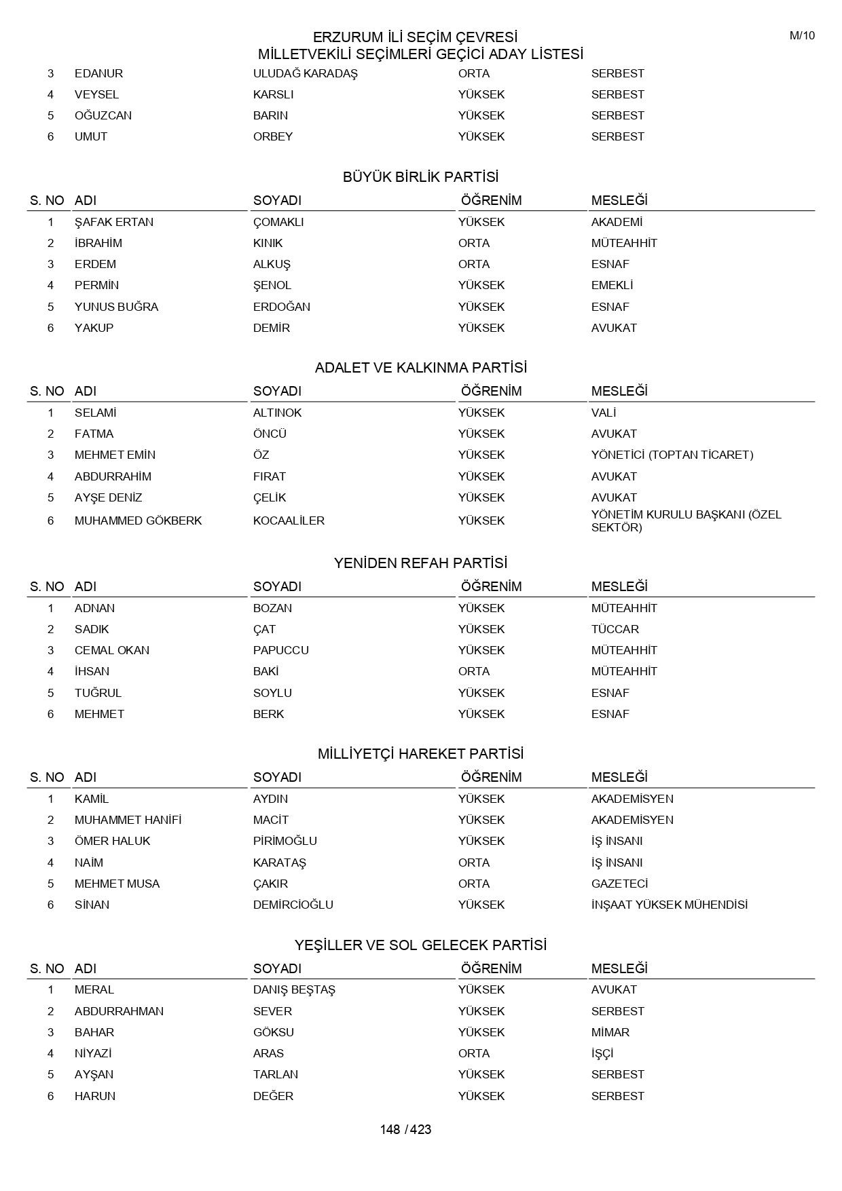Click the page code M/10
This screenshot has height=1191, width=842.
tap(802, 36)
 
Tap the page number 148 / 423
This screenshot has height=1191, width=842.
tap(405, 1129)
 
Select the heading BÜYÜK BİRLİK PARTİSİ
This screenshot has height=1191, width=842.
tap(420, 177)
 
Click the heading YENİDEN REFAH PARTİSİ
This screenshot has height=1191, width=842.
tap(420, 563)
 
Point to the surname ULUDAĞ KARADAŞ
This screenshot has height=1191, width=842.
tap(305, 73)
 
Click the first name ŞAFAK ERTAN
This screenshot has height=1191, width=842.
tap(114, 222)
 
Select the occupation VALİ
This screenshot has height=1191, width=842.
tap(604, 413)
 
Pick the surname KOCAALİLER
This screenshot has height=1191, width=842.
tap(289, 521)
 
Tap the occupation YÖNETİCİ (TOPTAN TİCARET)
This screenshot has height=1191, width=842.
tap(672, 455)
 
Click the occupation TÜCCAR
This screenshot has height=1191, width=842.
tap(615, 629)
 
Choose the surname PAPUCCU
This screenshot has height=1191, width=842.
tap(280, 650)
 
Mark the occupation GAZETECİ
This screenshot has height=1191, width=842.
tap(619, 884)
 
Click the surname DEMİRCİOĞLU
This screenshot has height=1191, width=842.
tap(293, 905)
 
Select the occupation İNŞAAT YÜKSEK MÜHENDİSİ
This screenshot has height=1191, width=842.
tap(669, 905)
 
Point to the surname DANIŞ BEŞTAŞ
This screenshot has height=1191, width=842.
tap(294, 989)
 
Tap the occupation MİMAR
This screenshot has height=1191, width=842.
tap(610, 1032)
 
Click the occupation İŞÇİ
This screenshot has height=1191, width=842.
tap(602, 1053)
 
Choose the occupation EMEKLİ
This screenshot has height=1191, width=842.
tap(612, 285)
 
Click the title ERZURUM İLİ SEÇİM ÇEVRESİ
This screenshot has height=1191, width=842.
tap(415, 37)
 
